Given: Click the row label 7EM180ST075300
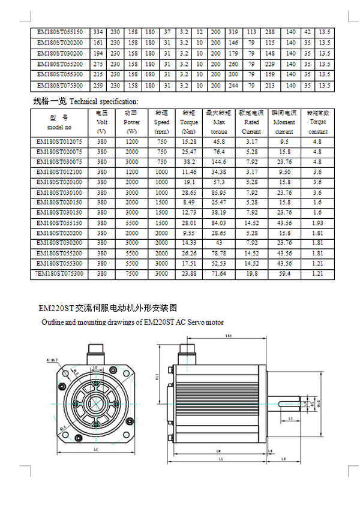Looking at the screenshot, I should click(59, 273).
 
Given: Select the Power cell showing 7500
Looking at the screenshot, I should click(131, 273).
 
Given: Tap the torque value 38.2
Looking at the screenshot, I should click(189, 162).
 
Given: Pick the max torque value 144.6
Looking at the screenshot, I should click(219, 162).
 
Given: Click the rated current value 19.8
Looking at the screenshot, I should click(251, 273).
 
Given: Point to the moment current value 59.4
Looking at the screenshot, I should click(284, 273).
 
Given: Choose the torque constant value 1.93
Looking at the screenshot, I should click(317, 222).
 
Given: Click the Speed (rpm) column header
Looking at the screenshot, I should click(161, 122).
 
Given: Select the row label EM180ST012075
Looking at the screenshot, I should click(59, 141).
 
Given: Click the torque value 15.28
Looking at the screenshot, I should click(189, 141).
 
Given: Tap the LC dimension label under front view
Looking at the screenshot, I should click(97, 448).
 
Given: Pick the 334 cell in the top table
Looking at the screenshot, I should click(98, 32).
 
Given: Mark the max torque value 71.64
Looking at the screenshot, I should click(219, 273).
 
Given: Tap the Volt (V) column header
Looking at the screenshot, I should click(101, 122).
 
